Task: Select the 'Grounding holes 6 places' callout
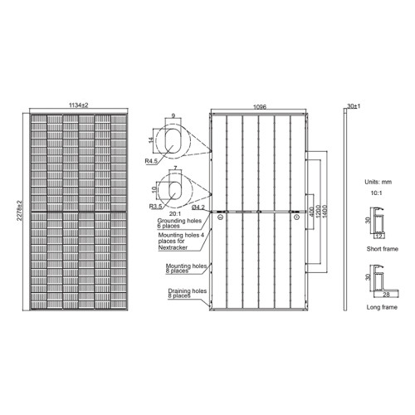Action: tap(179, 225)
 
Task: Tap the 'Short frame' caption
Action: tap(380, 247)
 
